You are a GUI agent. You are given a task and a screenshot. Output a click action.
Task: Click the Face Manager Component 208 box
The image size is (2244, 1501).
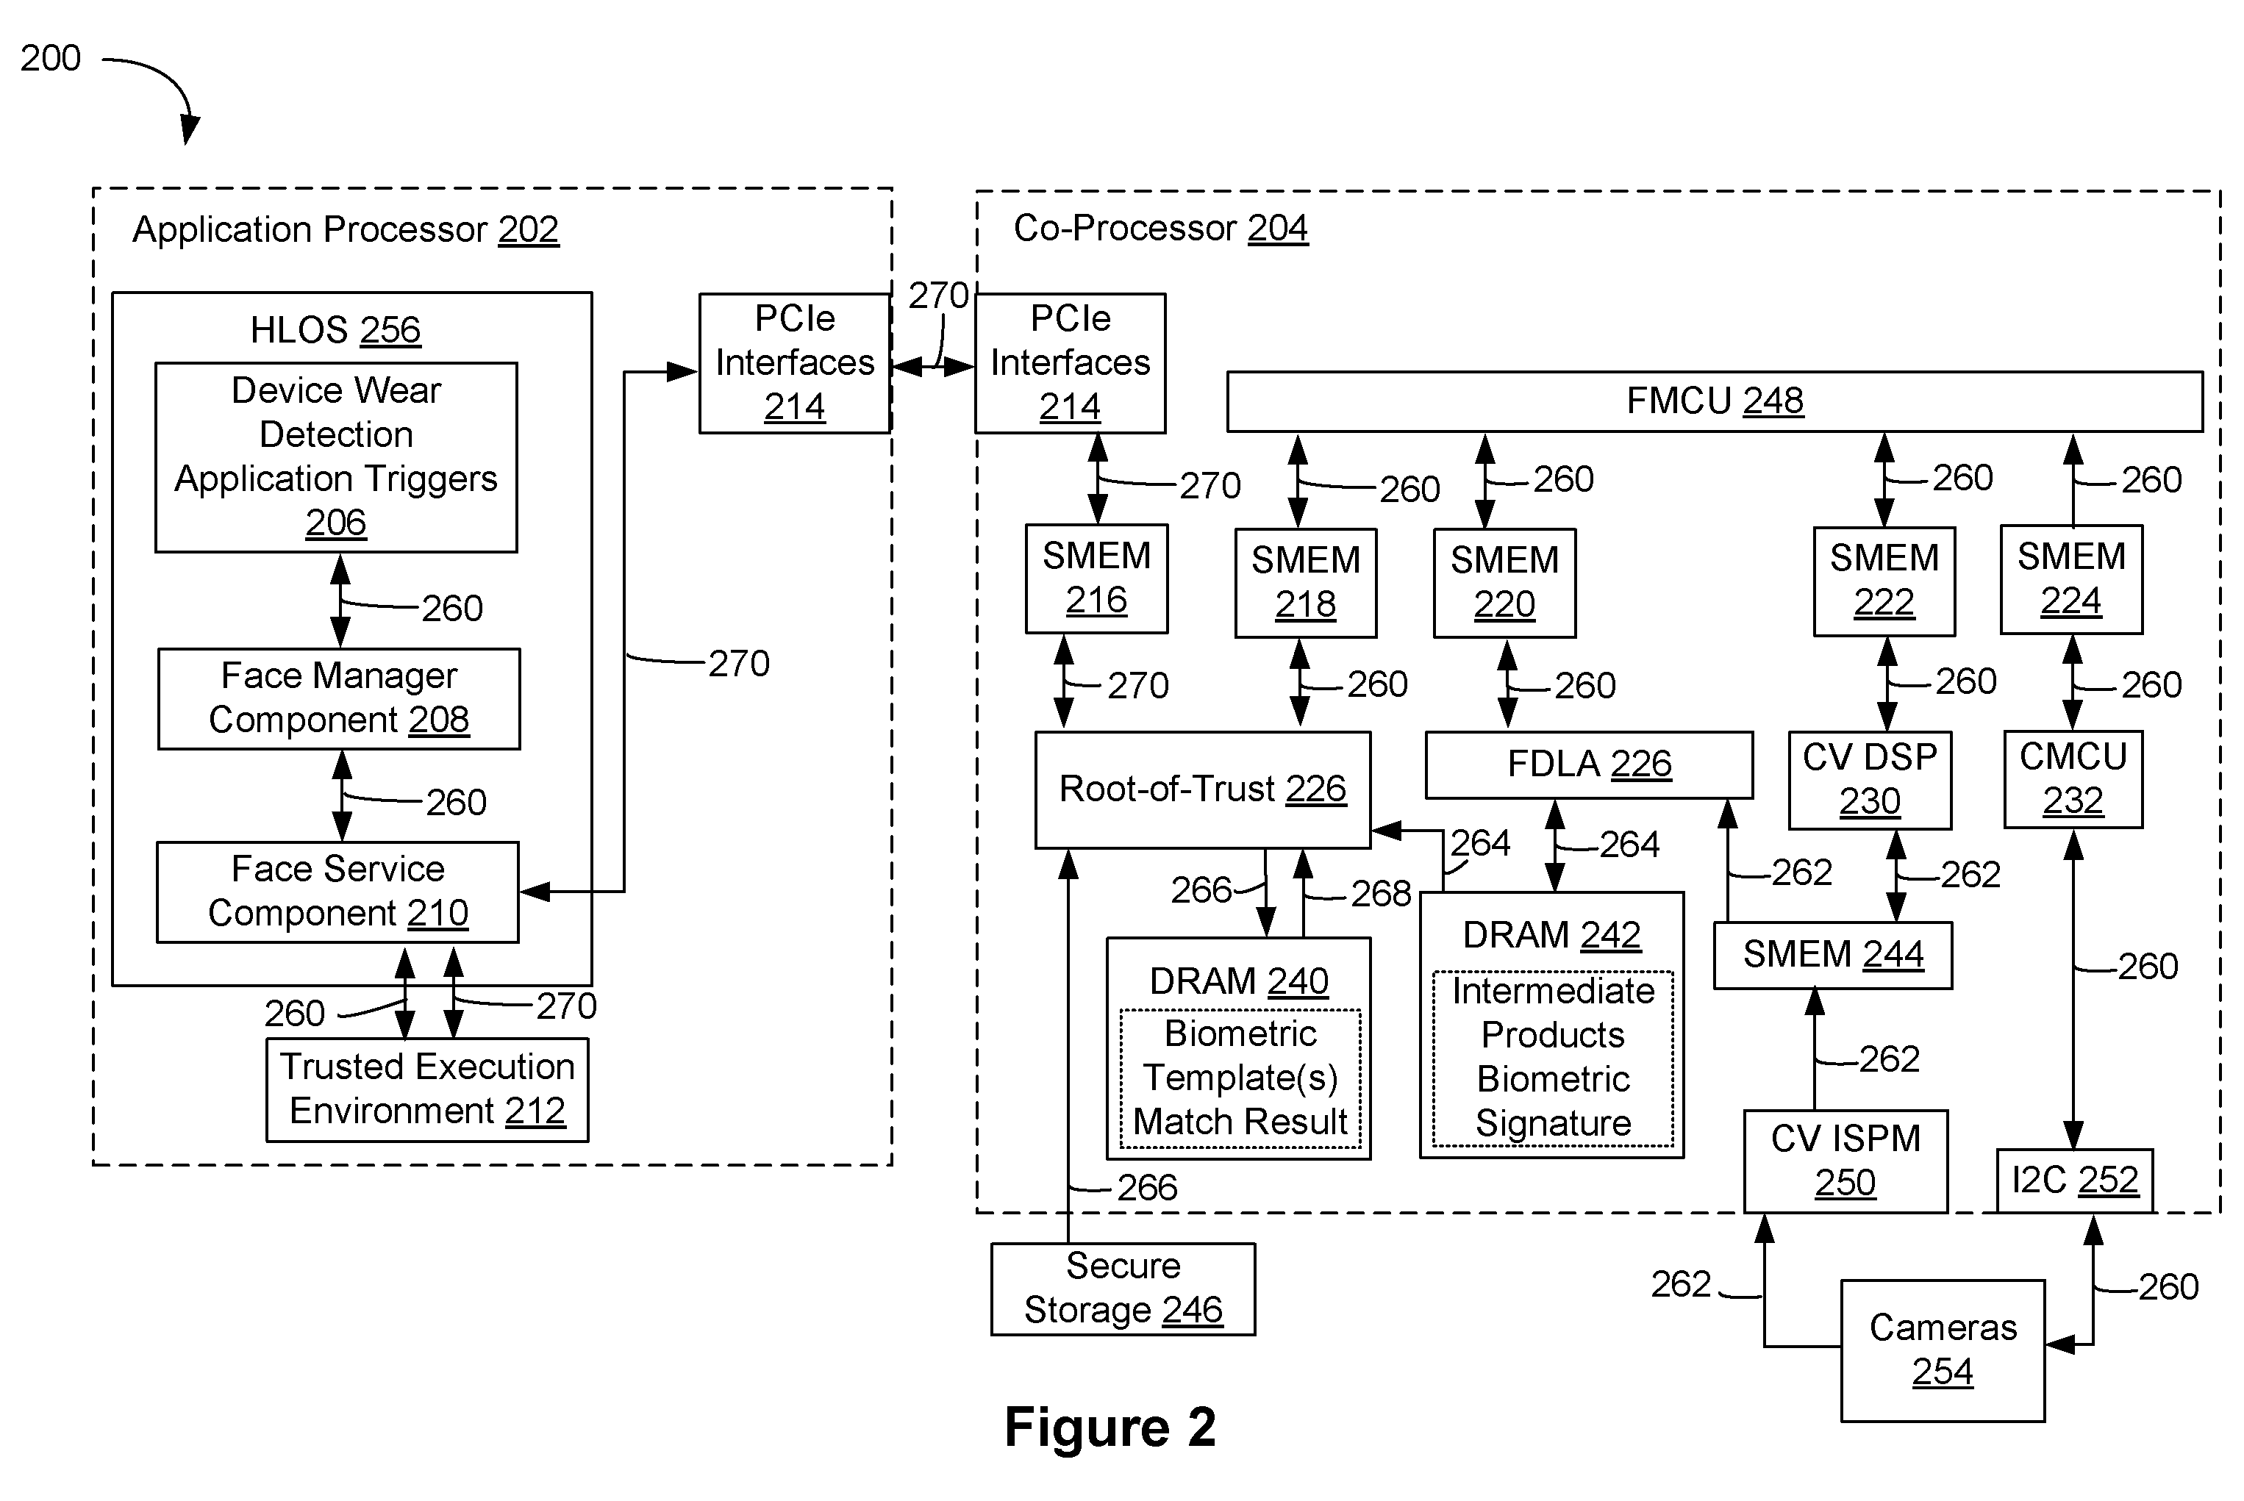pos(339,699)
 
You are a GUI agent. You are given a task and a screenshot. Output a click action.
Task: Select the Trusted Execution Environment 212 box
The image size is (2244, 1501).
pos(427,1089)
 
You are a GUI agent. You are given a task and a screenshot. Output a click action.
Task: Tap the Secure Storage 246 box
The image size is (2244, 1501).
pos(1123,1289)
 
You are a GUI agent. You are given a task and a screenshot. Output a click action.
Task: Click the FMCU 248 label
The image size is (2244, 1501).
pos(1715,400)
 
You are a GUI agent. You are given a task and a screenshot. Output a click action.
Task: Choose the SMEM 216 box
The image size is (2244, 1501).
pos(1096,578)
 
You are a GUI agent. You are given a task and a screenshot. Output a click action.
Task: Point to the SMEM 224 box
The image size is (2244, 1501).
pos(2070,579)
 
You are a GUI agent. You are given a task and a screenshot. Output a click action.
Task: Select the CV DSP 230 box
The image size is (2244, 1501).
pos(1870,780)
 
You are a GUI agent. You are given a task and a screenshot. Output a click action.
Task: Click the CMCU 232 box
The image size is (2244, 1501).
pos(2073,779)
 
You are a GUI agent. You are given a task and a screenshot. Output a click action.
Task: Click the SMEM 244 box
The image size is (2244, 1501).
pos(1832,954)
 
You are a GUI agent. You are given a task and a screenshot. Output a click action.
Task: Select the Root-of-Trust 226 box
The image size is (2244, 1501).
pos(1202,789)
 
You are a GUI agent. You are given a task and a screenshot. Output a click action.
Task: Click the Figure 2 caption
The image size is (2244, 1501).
pos(1110,1427)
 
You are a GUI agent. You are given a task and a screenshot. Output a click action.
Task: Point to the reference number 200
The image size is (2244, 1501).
pos(51,58)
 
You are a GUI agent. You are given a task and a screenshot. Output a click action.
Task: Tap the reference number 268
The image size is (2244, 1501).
pos(1381,894)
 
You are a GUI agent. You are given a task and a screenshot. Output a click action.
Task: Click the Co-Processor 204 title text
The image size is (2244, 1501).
pos(1160,228)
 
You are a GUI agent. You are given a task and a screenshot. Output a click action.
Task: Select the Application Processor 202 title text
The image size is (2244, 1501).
pos(346,230)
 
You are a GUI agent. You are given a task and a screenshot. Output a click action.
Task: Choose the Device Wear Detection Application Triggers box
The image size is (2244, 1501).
pos(336,456)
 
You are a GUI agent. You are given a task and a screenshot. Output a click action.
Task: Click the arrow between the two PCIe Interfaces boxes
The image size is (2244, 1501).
pos(933,365)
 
